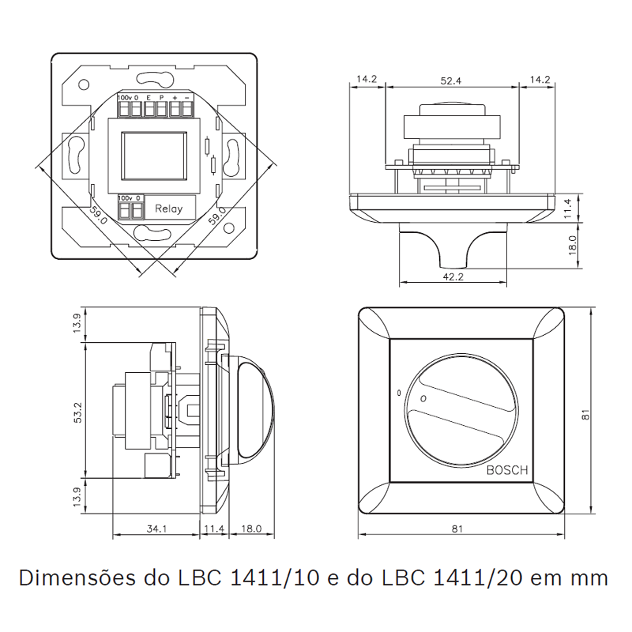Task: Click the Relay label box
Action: (169, 209)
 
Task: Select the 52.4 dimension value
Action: (451, 80)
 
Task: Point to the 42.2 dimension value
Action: (452, 276)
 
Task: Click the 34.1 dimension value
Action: (156, 529)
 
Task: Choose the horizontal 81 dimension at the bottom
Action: (457, 529)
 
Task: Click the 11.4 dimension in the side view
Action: (214, 529)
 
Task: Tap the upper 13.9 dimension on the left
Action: (77, 323)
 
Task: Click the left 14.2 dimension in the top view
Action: (367, 80)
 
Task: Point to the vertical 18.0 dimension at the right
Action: (574, 246)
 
